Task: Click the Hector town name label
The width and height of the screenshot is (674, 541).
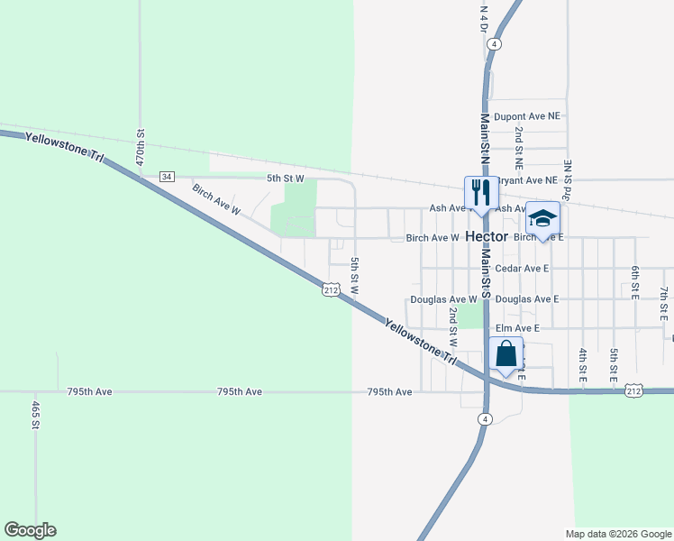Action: pos(487,237)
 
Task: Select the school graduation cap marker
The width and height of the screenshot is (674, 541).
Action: pos(542,219)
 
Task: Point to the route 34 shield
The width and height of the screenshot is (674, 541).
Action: pos(167,177)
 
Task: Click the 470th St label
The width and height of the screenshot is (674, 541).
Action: pos(141,144)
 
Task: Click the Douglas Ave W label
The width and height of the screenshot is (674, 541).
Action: pos(442,299)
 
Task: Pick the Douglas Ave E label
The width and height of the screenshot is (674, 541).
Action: pos(527,299)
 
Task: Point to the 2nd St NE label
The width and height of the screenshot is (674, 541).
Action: pos(519,149)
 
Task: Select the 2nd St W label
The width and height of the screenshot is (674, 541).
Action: pos(453,327)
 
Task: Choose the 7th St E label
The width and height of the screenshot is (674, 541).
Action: pos(663,304)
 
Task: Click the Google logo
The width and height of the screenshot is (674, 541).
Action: pos(30,530)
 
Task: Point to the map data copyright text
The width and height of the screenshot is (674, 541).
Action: pos(617,534)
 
